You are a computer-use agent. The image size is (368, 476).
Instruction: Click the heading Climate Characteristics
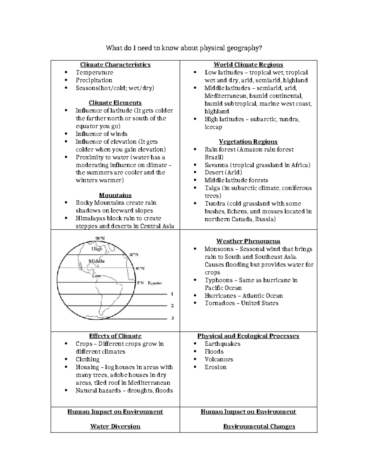click(x=115, y=65)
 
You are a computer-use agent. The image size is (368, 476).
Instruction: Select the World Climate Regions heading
click(x=248, y=65)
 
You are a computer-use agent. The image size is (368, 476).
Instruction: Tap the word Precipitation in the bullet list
click(x=94, y=80)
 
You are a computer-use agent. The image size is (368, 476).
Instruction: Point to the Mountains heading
click(x=115, y=195)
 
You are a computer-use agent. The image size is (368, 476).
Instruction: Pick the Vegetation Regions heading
click(x=248, y=142)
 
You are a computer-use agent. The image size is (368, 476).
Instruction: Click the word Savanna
click(x=216, y=165)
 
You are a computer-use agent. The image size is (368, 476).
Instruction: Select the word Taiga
click(x=212, y=188)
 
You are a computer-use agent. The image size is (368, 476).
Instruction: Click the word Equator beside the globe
click(x=155, y=283)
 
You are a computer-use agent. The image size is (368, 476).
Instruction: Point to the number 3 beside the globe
click(x=172, y=318)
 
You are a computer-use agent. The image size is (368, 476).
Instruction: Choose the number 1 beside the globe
click(x=172, y=294)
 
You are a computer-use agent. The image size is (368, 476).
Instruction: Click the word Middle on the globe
click(x=97, y=261)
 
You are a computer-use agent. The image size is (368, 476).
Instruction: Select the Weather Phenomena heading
click(x=248, y=241)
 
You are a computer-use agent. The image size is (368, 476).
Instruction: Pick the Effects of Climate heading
click(x=115, y=336)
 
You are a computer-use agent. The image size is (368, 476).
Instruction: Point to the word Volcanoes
click(x=219, y=359)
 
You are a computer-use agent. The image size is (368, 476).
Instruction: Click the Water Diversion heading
click(x=115, y=426)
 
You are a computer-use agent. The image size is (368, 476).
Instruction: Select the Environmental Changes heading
click(x=259, y=426)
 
